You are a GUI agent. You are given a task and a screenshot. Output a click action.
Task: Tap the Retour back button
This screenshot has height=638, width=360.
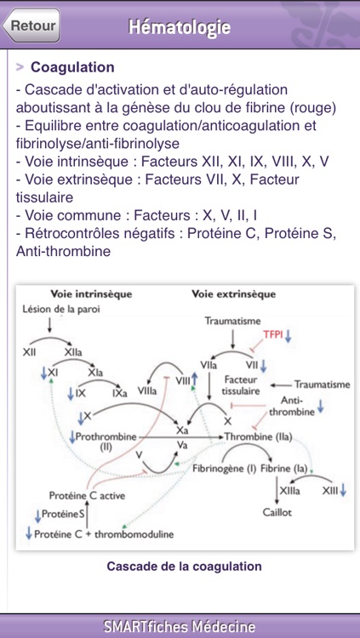tap(32, 26)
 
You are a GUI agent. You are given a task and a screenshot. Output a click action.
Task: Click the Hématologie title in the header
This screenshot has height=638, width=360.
tap(180, 27)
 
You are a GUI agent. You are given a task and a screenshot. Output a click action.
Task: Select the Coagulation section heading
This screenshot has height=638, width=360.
tap(72, 67)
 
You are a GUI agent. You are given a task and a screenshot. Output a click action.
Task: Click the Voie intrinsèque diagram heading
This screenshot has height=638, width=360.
tap(91, 294)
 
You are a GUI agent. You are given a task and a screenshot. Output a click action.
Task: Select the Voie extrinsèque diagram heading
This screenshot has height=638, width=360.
tap(233, 294)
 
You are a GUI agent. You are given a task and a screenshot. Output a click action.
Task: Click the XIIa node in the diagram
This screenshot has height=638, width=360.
tap(75, 351)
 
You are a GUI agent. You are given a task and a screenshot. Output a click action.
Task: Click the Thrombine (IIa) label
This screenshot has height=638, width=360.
tap(259, 436)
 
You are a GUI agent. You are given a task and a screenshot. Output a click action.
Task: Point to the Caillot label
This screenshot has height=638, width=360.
tap(277, 512)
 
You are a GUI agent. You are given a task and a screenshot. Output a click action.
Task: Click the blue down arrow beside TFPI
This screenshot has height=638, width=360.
tap(288, 335)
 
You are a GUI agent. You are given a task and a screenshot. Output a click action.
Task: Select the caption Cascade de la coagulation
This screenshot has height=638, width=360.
tap(184, 566)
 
